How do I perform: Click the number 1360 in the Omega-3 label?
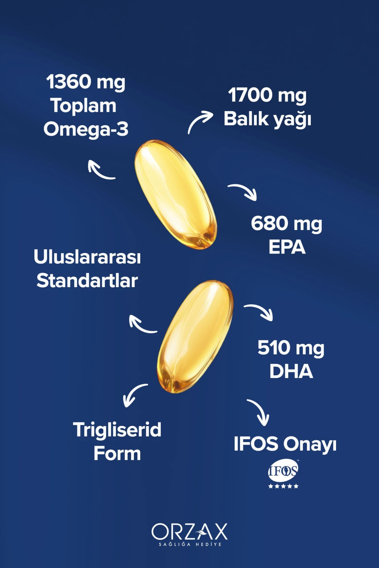pos(68,82)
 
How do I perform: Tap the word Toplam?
pos(83,106)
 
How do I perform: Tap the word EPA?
pos(287,247)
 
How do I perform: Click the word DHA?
pos(291,371)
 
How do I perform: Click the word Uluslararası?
pos(87,257)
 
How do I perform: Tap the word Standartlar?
pos(87,281)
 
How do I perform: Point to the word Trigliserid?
pos(117,430)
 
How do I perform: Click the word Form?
pos(117,453)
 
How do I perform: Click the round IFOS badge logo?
pos(283,471)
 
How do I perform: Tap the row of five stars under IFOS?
pos(283,486)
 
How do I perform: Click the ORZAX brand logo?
pos(189,534)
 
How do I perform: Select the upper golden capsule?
pos(176,195)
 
